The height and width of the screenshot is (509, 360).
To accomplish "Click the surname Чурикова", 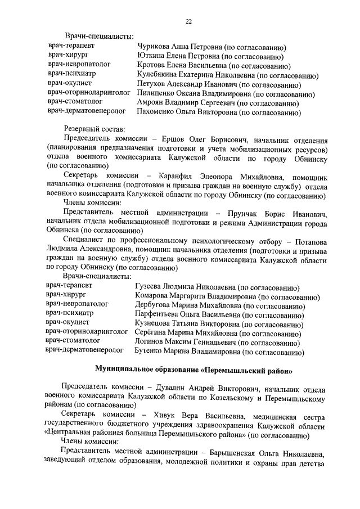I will [x=155, y=47].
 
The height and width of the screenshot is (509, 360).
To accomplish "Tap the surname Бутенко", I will [x=149, y=353].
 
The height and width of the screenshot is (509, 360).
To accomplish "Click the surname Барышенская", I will [x=252, y=454].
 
